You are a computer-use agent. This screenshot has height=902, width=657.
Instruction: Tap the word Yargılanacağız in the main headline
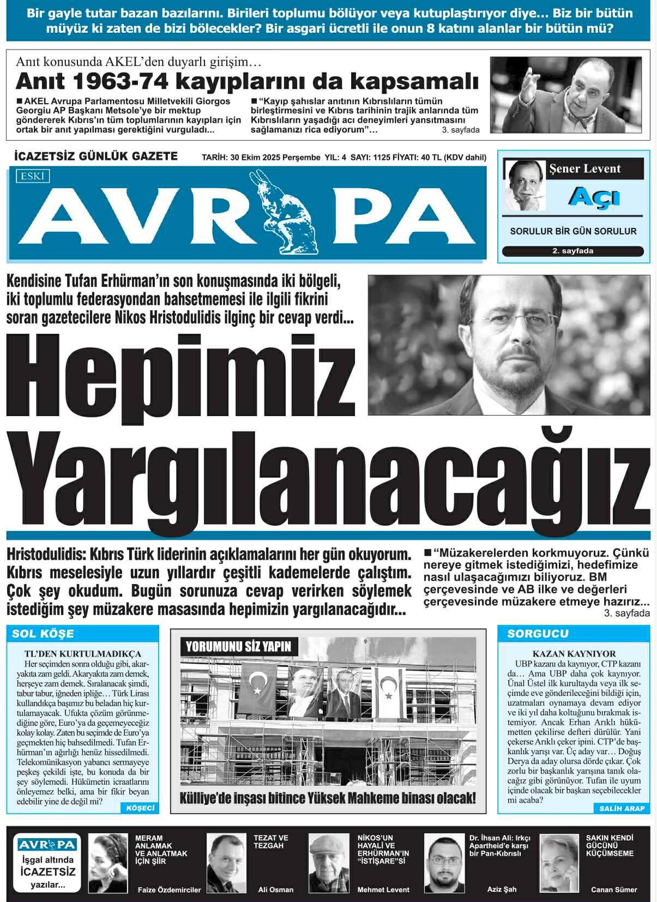pyautogui.click(x=327, y=480)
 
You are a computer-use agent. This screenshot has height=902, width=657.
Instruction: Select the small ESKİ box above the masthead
pyautogui.click(x=33, y=176)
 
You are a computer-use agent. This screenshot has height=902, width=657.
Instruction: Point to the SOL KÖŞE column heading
pyautogui.click(x=43, y=634)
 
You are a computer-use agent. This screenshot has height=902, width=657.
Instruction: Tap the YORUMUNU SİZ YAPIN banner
pyautogui.click(x=239, y=647)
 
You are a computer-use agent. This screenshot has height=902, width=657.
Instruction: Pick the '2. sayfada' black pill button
pyautogui.click(x=572, y=251)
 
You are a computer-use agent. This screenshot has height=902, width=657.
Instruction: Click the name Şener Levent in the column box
pyautogui.click(x=584, y=169)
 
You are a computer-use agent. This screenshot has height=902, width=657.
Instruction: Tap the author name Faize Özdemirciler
pyautogui.click(x=169, y=889)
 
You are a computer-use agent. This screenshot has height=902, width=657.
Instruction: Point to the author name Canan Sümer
pyautogui.click(x=614, y=889)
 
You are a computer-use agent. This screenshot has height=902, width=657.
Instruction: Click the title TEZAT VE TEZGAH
pyautogui.click(x=271, y=841)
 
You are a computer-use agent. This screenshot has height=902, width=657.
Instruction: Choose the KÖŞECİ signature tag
pyautogui.click(x=140, y=808)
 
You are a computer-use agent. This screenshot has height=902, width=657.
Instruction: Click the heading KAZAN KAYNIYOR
pyautogui.click(x=574, y=653)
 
